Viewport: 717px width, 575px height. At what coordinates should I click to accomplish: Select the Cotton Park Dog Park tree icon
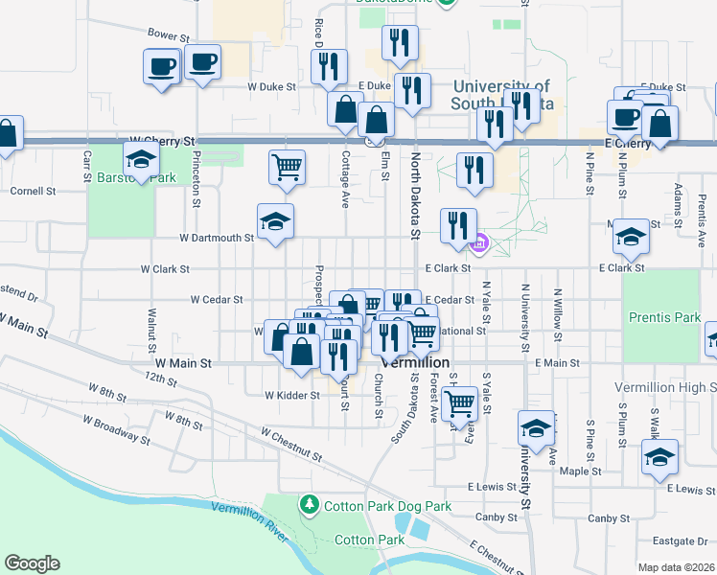click(x=310, y=504)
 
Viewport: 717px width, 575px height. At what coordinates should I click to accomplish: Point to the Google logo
click(x=32, y=563)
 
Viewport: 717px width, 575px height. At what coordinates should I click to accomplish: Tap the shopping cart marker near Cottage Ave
click(x=288, y=168)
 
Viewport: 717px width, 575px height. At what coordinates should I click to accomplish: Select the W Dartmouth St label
click(x=217, y=238)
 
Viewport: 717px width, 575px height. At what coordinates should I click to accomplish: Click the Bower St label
click(x=169, y=35)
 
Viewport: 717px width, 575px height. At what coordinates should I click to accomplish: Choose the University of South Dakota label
click(x=499, y=94)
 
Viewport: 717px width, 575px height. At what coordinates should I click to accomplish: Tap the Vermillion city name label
click(x=415, y=364)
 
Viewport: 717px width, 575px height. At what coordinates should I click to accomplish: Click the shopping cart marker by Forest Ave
click(x=460, y=402)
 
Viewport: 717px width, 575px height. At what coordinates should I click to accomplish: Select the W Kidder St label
click(x=291, y=395)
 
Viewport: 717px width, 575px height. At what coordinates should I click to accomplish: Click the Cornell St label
click(x=33, y=191)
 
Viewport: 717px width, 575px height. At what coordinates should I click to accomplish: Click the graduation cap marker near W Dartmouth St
click(x=276, y=221)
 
